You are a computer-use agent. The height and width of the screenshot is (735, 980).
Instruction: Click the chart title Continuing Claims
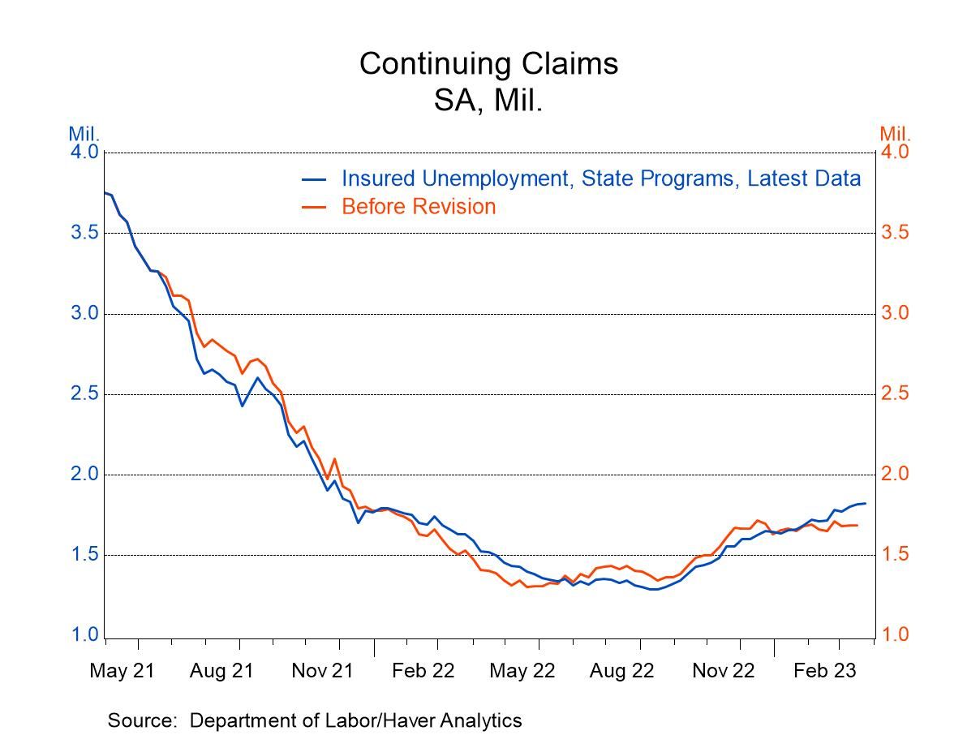coord(488,63)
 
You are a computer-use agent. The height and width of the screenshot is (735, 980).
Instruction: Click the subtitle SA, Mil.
coord(488,102)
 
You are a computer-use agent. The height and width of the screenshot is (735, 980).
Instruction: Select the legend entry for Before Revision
coord(418,207)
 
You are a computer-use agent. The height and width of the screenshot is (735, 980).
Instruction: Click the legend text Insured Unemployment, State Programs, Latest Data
coord(600,178)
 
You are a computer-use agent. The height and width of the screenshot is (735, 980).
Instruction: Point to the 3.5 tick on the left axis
coord(86,233)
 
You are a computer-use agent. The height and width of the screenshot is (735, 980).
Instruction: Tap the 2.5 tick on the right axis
coord(896,394)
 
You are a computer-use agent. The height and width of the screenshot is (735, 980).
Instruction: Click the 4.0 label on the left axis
coord(86,153)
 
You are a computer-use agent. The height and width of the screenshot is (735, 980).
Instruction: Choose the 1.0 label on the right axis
coord(896,635)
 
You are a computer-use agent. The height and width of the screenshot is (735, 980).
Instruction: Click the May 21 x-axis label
coord(122,672)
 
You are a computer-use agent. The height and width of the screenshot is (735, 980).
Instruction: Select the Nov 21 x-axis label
coord(322,672)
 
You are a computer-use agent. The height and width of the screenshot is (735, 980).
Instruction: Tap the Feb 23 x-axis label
coord(823,672)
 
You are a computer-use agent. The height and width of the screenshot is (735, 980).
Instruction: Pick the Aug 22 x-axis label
coord(622,672)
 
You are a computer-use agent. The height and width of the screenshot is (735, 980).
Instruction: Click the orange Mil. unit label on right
coord(896,134)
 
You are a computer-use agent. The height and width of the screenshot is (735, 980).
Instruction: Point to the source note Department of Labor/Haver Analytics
coord(315,720)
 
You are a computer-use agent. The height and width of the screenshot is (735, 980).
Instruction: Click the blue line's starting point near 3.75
coord(105,192)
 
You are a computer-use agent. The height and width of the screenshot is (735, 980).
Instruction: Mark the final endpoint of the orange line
coord(857,525)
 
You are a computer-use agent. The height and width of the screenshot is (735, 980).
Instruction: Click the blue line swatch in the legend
coord(314,179)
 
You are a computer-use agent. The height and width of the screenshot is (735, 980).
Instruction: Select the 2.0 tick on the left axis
coord(86,475)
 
